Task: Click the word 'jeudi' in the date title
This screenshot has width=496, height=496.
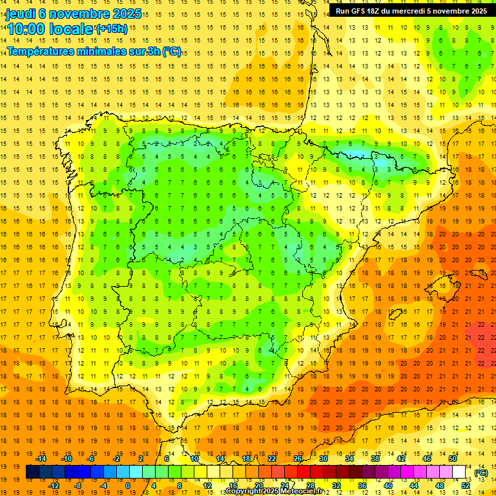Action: coord(21,14)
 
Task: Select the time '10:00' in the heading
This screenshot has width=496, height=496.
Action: coord(26,29)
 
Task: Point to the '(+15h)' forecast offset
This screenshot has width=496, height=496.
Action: coord(112,28)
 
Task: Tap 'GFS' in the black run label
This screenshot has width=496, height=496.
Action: coord(359,11)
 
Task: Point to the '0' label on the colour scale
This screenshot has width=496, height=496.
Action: coord(129,486)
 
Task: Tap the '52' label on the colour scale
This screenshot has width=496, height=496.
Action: coord(466,486)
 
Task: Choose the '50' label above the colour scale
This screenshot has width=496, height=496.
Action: coord(453,459)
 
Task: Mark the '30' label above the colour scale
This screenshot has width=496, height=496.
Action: coord(323,459)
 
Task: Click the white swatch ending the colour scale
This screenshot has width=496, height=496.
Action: coord(459,472)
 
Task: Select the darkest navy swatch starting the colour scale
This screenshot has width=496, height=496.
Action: coord(32,472)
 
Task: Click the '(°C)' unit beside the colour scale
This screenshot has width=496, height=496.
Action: coord(480,473)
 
